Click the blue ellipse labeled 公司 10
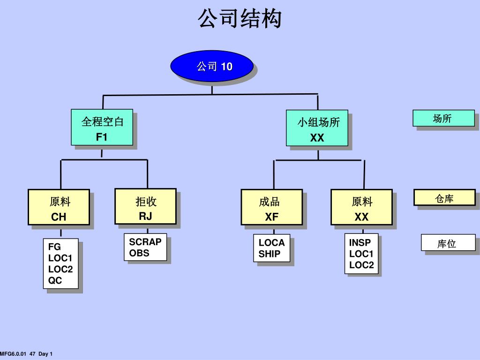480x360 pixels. point(212,66)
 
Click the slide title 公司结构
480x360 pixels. point(240,18)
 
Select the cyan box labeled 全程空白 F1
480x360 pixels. point(102,127)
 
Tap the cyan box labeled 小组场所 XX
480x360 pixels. point(317,128)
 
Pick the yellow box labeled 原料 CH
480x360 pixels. point(59,207)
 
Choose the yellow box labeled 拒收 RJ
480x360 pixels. point(145,207)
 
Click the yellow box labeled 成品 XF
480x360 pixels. point(272,207)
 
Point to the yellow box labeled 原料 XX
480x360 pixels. point(361,207)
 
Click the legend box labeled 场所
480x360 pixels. point(444,118)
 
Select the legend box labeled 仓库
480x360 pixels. point(444,197)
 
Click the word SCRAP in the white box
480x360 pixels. point(145,242)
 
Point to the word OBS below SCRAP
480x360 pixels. point(139,253)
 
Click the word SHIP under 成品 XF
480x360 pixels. point(270,254)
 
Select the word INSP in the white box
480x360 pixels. point(360,243)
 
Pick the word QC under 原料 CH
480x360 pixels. point(55,280)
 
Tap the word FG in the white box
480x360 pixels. point(54,247)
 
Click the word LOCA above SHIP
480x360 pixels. point(272,243)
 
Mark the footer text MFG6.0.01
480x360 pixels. point(13,354)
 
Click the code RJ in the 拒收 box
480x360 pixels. point(145,216)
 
